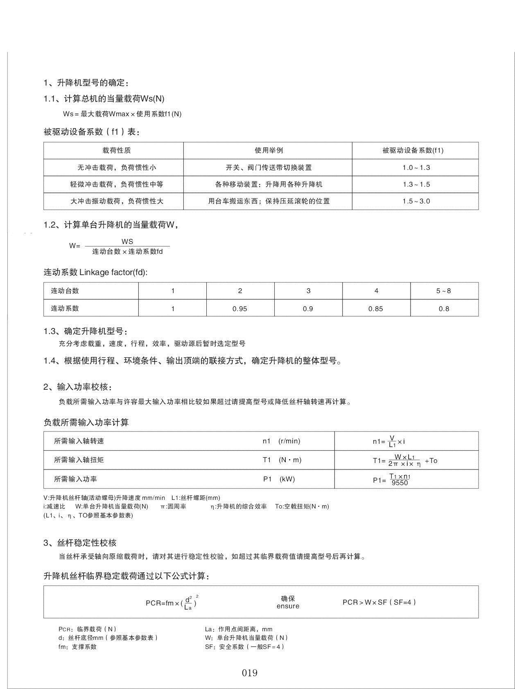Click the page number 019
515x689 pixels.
click(249, 673)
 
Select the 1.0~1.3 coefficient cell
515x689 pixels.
click(416, 167)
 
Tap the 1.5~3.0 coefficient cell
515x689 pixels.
click(416, 201)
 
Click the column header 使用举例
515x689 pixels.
click(269, 150)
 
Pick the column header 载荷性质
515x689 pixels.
click(117, 150)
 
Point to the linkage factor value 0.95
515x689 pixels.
click(240, 309)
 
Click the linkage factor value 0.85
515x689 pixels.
click(376, 309)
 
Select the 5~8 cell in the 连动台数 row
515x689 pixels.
click(443, 291)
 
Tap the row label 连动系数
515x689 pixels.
click(65, 308)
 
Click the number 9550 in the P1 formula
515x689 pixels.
click(400, 483)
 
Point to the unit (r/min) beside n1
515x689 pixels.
click(289, 441)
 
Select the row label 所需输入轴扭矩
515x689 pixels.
click(79, 460)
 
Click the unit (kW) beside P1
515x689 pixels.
click(287, 479)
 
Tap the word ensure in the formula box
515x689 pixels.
click(288, 606)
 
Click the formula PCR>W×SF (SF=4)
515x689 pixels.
click(379, 602)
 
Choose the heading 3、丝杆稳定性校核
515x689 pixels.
click(80, 543)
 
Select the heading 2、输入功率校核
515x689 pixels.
click(78, 387)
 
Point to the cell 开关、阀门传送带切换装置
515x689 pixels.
click(269, 167)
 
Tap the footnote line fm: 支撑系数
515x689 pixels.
click(78, 647)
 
